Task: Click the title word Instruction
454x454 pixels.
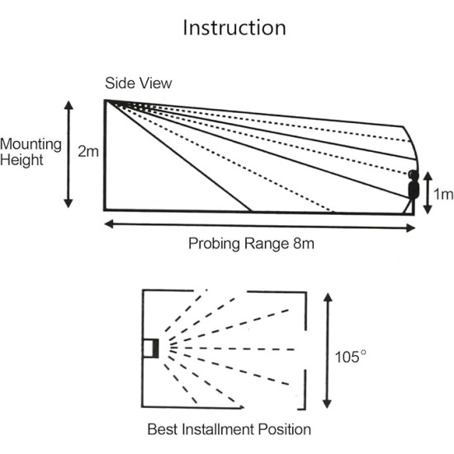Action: click(234, 27)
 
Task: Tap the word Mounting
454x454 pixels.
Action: click(31, 144)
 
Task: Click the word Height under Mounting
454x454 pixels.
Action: click(23, 160)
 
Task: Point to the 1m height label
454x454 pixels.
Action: click(443, 194)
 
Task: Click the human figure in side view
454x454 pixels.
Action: click(413, 191)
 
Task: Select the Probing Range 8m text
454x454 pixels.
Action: click(252, 244)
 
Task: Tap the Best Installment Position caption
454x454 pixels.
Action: click(229, 429)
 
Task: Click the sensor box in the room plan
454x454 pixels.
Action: click(149, 348)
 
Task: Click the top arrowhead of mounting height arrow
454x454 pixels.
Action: click(69, 104)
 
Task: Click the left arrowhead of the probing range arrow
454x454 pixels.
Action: click(108, 225)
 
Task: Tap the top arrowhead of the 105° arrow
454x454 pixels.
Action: click(328, 295)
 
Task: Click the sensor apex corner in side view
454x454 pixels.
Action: click(105, 101)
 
